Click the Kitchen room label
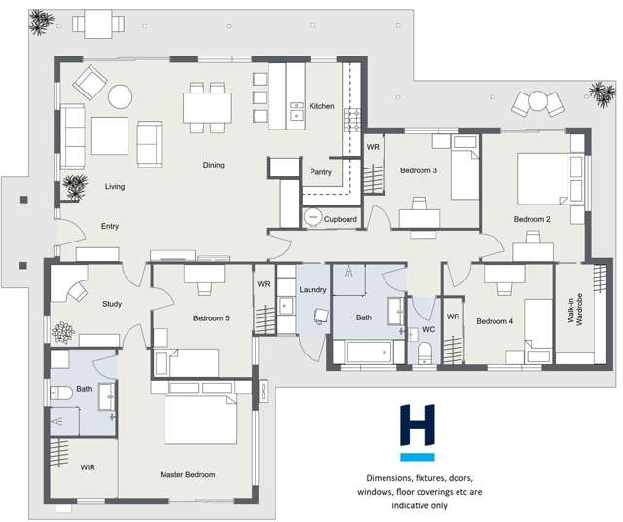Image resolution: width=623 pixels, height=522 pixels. (321, 106)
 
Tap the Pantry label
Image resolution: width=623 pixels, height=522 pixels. (321, 172)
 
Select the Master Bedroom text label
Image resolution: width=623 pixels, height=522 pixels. (187, 474)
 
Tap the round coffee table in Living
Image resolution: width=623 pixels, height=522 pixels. (121, 95)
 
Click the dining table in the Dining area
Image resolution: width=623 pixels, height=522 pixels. (206, 106)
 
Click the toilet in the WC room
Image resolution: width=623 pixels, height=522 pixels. (424, 353)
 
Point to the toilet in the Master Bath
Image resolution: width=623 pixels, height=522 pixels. (57, 392)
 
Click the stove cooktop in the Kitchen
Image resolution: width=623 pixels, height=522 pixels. (351, 120)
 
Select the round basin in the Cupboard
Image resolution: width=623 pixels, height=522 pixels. (312, 218)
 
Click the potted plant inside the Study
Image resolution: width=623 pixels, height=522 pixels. (63, 332)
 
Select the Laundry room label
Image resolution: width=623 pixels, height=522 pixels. (312, 289)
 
